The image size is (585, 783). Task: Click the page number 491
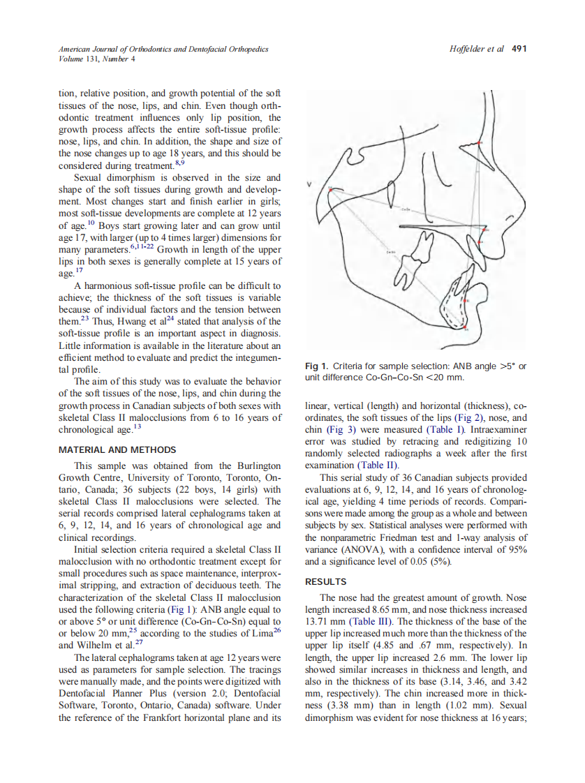[x=519, y=49]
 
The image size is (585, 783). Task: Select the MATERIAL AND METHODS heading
[x=117, y=449]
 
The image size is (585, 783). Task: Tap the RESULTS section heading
[x=326, y=581]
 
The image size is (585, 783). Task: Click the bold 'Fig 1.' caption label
[x=317, y=366]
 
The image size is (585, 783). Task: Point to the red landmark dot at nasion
[x=481, y=143]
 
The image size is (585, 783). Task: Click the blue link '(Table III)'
[x=371, y=622]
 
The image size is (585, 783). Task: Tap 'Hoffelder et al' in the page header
[x=478, y=49]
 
